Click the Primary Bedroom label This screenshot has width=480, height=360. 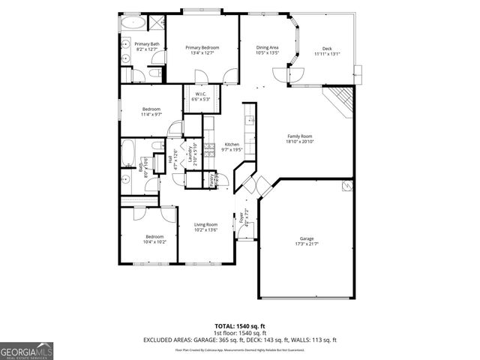(x=202, y=50)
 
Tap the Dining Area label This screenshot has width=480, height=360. (x=267, y=50)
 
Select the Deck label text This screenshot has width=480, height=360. (x=327, y=50)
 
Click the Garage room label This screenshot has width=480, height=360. (x=307, y=241)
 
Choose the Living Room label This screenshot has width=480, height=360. (x=205, y=227)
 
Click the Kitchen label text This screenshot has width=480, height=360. (x=232, y=146)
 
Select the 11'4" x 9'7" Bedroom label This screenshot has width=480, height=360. (x=151, y=112)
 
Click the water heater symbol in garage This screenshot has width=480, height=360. (x=346, y=186)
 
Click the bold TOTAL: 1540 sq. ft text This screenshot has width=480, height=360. (x=240, y=326)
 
